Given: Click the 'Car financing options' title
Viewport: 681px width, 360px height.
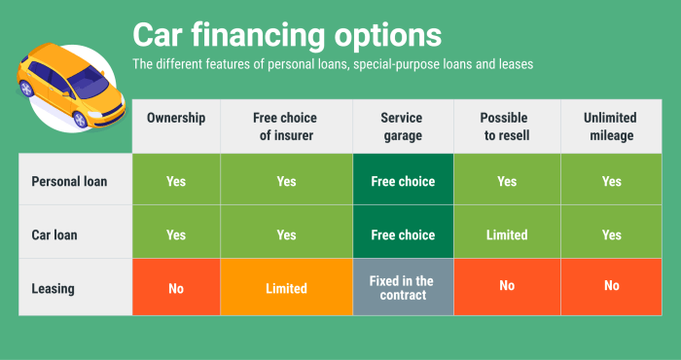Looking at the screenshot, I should tap(287, 36).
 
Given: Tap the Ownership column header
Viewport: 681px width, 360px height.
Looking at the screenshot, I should tap(176, 118).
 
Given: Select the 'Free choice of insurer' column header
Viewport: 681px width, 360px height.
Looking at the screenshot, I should tap(286, 126).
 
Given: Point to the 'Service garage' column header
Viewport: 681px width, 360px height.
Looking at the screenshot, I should tap(402, 126).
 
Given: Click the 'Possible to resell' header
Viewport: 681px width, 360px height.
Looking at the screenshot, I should tap(506, 126).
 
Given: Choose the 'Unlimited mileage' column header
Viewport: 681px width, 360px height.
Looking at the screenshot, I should tap(610, 126).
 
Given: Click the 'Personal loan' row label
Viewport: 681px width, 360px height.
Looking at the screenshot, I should tap(69, 181).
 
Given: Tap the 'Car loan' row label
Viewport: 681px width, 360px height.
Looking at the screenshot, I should tap(56, 234).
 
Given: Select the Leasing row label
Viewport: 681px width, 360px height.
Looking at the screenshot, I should tap(54, 288).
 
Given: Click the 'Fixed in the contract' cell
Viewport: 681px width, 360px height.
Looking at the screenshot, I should tap(402, 288).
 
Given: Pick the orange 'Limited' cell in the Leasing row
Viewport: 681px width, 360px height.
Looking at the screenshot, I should tap(286, 288).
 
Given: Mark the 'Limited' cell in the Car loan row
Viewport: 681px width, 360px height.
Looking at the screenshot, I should tap(506, 234).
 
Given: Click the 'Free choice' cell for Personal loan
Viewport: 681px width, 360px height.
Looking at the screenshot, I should tap(402, 181).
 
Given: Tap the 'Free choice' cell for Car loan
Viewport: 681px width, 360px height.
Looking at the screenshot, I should tap(402, 234).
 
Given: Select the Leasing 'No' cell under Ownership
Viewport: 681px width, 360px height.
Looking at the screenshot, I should tap(176, 288).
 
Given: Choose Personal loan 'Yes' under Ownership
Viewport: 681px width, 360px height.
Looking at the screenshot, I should tap(176, 181).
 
